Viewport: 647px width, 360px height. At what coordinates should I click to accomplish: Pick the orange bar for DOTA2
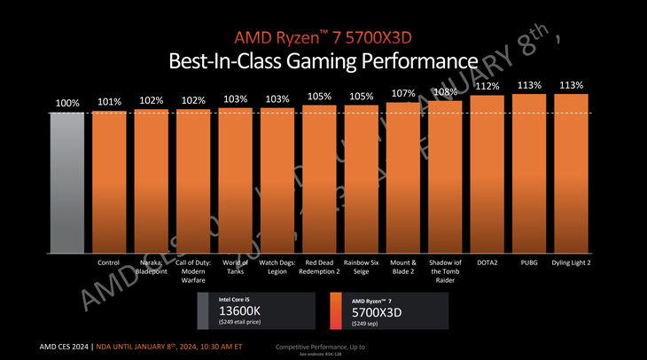click(x=487, y=177)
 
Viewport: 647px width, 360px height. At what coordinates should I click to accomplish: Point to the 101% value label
click(x=109, y=102)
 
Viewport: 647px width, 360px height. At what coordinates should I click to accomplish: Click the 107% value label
click(x=403, y=93)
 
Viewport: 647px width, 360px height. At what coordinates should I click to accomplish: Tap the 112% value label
click(x=487, y=86)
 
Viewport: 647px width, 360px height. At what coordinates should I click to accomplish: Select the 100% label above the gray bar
click(x=67, y=104)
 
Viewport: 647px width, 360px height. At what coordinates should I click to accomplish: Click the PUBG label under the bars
click(x=529, y=263)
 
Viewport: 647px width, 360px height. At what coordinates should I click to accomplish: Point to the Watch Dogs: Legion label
click(x=277, y=268)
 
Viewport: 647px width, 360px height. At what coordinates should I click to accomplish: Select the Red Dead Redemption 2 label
click(x=320, y=268)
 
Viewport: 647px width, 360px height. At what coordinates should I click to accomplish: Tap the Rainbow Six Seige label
click(x=362, y=268)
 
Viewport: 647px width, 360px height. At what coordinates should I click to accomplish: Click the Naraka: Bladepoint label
click(x=152, y=268)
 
